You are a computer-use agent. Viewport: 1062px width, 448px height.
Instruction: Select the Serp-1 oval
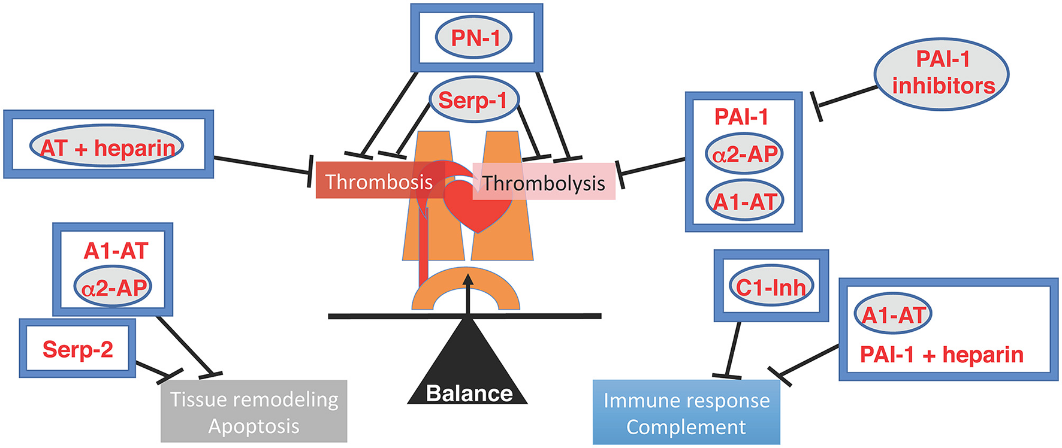click(x=473, y=99)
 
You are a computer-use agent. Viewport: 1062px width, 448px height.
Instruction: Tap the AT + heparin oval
click(x=107, y=147)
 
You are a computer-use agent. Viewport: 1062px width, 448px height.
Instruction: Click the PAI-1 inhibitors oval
click(x=942, y=73)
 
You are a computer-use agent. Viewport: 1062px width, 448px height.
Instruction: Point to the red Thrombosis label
click(x=379, y=181)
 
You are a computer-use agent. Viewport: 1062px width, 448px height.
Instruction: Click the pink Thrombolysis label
click(x=544, y=183)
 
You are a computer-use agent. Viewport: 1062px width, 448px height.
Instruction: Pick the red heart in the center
click(x=478, y=207)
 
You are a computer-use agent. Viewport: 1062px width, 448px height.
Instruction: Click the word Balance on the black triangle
click(x=469, y=393)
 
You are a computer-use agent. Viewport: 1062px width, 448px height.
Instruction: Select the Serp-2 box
click(x=77, y=349)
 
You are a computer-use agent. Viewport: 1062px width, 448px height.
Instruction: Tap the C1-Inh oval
click(x=771, y=287)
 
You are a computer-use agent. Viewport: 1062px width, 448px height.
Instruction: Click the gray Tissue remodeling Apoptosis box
click(x=254, y=412)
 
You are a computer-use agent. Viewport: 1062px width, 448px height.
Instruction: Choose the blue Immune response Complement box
click(x=686, y=413)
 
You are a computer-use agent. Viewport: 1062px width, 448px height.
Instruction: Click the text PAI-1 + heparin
click(x=941, y=355)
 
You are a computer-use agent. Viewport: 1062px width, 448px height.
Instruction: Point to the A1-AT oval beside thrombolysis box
click(x=745, y=201)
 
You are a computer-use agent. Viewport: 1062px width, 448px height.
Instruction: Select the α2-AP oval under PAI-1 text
click(x=745, y=155)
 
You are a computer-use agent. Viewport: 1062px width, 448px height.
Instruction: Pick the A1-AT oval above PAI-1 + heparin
click(x=893, y=314)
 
